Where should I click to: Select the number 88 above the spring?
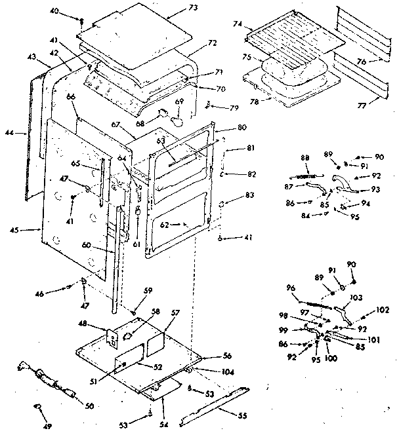(304, 157)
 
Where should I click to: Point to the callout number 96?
(290, 286)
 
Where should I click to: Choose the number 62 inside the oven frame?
(178, 225)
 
